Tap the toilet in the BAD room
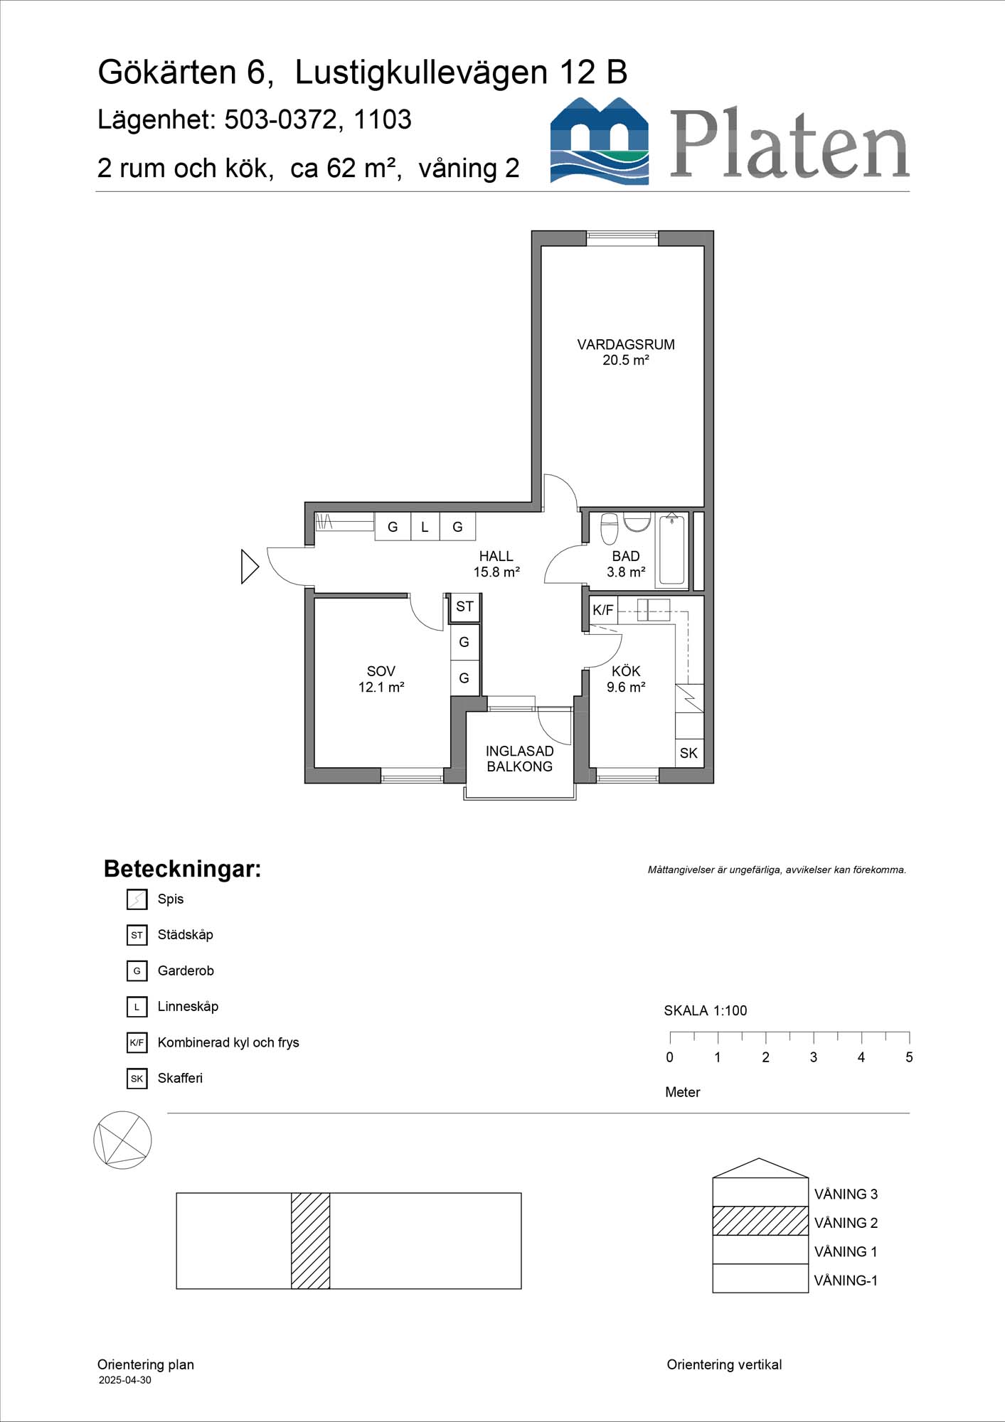point(610,529)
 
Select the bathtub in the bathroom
point(671,550)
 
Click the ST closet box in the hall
point(464,606)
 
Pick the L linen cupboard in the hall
point(425,527)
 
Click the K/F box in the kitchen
point(602,610)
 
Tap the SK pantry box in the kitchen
point(688,753)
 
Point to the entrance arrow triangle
point(249,567)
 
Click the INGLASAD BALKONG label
point(519,759)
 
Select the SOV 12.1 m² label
point(381,679)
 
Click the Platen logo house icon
point(599,141)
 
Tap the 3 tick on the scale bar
point(814,1038)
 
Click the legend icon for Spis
point(137,899)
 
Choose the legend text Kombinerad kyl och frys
point(228,1042)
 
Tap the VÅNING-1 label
point(845,1281)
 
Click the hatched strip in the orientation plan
point(310,1241)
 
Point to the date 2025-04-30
point(124,1380)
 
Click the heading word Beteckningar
point(182,869)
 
